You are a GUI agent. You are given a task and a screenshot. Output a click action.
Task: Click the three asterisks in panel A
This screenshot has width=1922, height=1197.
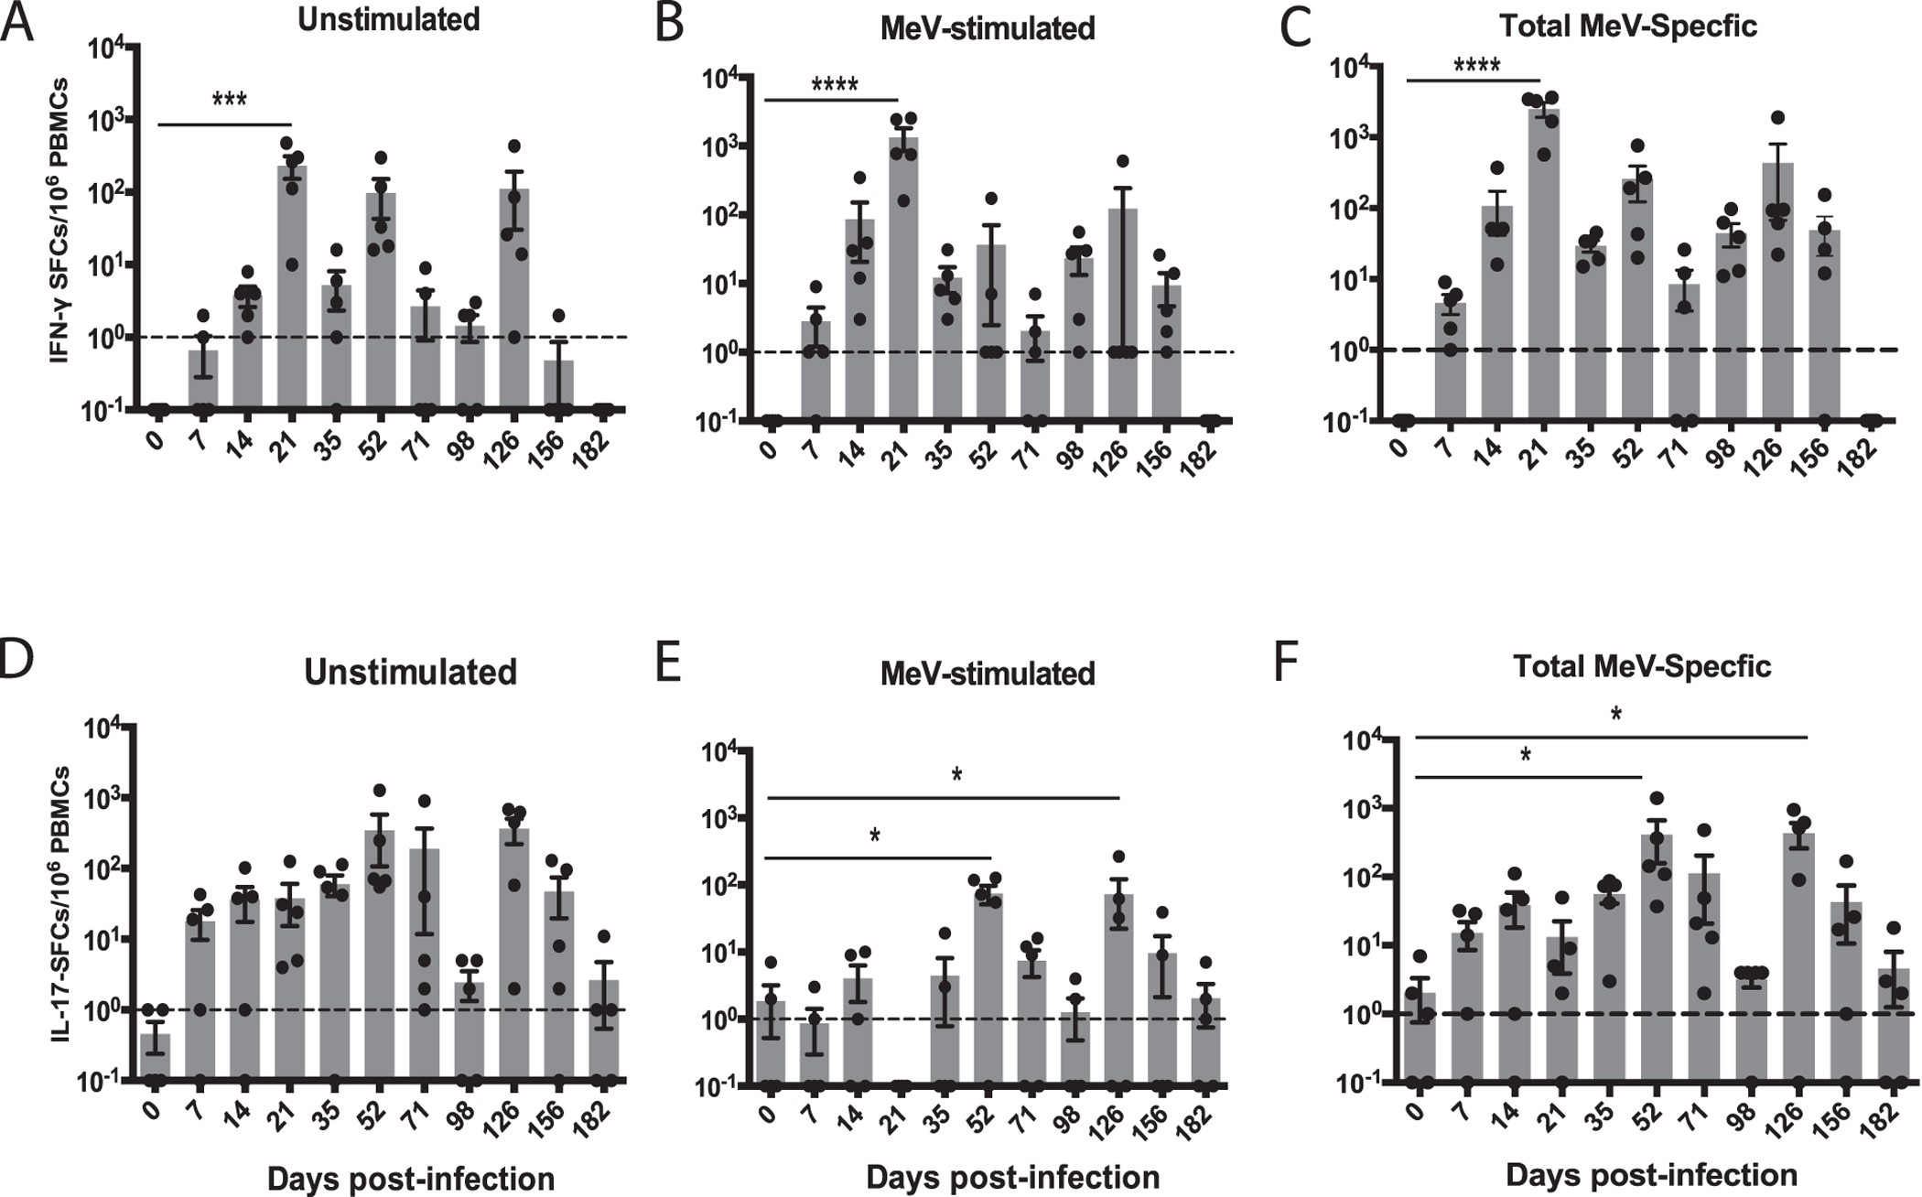coord(229,100)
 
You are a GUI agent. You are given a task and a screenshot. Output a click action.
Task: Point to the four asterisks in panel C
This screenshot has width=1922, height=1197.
coord(1477,66)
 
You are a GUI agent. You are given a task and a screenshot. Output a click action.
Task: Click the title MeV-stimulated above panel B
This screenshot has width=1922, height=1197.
coord(987,28)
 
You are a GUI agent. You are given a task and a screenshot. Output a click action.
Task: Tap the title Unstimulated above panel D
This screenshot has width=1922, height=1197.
coord(410,672)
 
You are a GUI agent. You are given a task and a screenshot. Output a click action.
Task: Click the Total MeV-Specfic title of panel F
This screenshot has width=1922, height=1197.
coord(1642,666)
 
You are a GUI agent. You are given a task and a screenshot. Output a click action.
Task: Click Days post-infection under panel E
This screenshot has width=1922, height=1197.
coord(1012,1177)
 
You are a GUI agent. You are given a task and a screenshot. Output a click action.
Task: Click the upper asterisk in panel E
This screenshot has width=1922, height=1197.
coord(956,775)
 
